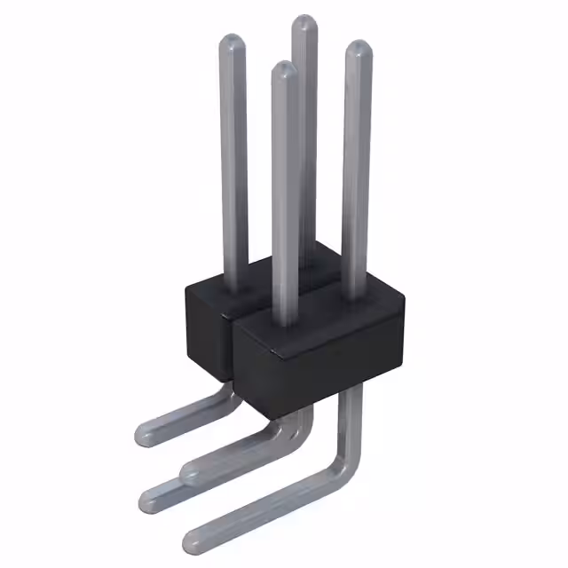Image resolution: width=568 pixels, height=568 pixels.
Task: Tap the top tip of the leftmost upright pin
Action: [x=232, y=42]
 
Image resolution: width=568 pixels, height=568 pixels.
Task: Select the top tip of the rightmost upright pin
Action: [x=357, y=48]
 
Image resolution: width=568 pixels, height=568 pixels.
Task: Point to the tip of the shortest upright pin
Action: [x=283, y=69]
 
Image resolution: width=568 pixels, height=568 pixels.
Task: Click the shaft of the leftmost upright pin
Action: [x=233, y=160]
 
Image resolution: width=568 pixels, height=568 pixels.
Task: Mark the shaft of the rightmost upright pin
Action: [x=357, y=177]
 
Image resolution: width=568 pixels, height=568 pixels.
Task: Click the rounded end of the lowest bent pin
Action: [x=195, y=539]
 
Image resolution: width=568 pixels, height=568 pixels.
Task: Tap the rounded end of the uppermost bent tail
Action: [x=147, y=434]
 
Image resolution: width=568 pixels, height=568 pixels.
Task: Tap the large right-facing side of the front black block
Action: [x=342, y=364]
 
